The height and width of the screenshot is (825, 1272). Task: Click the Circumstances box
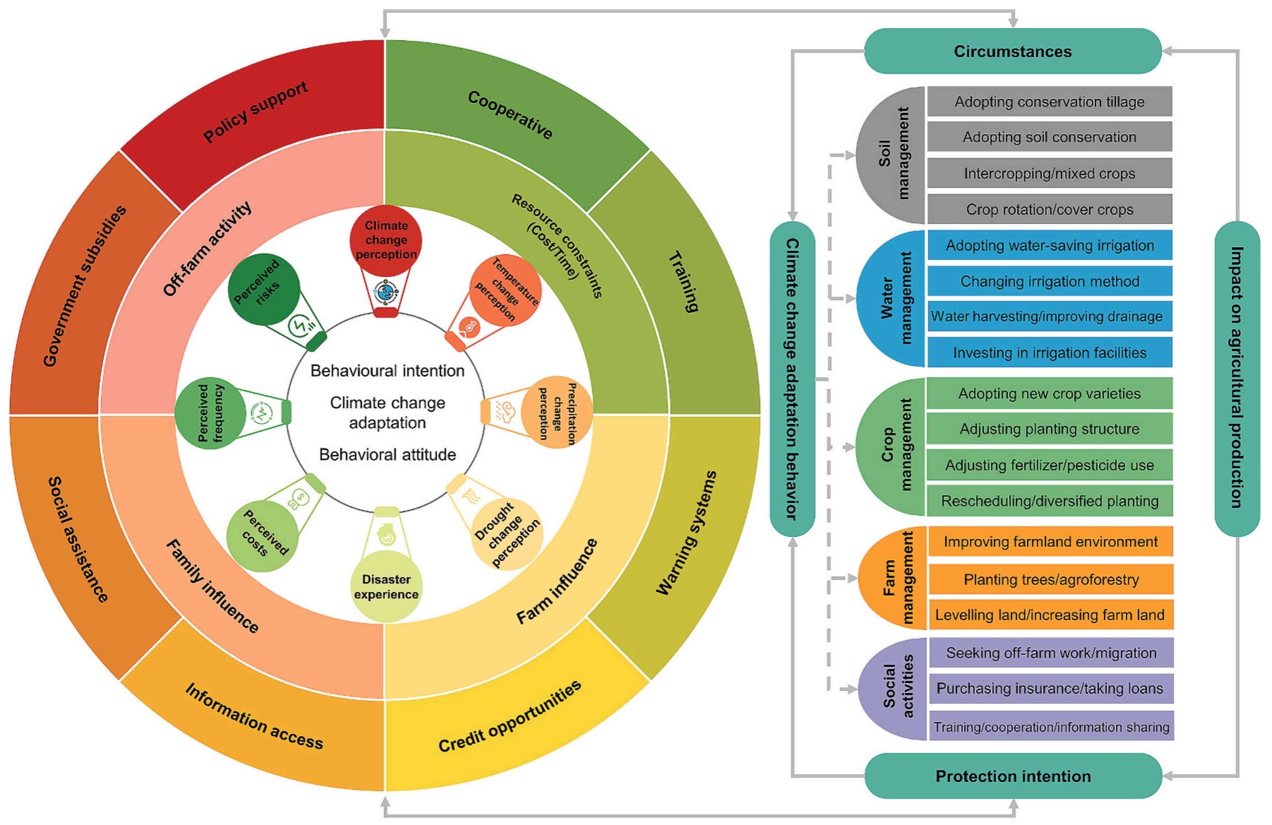(1013, 51)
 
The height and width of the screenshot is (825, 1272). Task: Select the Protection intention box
(1013, 776)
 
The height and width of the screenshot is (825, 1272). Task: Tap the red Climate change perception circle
(386, 240)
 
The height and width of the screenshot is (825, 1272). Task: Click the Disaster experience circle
(386, 587)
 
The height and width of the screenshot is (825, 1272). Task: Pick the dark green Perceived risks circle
(263, 289)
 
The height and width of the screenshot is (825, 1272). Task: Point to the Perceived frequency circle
(210, 413)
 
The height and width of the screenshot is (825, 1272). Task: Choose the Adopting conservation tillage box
(1049, 102)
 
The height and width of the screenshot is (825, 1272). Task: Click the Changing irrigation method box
(1049, 281)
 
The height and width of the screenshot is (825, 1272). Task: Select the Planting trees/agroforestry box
(1051, 579)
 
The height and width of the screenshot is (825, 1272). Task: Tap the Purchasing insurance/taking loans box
(1050, 688)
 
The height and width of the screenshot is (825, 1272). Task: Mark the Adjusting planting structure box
(1049, 429)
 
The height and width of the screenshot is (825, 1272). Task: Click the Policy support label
(256, 111)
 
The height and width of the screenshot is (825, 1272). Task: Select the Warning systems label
(686, 533)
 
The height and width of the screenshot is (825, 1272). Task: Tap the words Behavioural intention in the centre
(387, 371)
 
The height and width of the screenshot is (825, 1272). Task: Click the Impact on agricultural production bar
(1237, 378)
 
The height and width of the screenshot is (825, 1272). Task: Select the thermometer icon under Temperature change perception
(469, 327)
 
